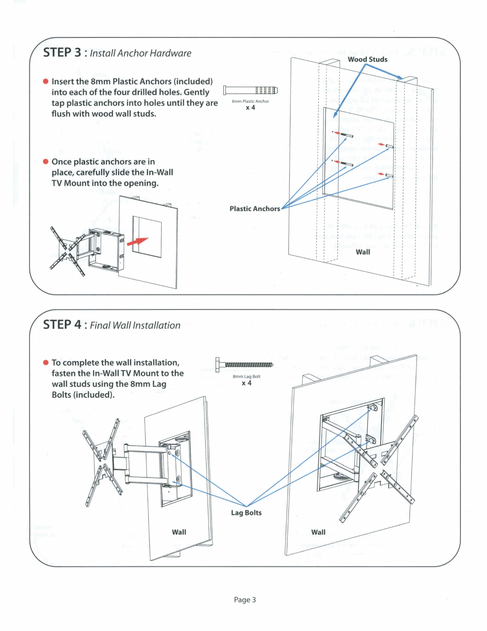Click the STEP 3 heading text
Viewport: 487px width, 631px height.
point(62,53)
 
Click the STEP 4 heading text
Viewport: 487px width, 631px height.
point(62,325)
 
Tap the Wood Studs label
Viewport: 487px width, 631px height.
point(367,59)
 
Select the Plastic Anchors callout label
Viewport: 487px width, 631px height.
point(255,209)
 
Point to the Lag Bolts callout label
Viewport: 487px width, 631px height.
point(246,513)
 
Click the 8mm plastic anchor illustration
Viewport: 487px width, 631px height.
point(250,90)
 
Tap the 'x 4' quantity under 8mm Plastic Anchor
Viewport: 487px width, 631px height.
point(250,108)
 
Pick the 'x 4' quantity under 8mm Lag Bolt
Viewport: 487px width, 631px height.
point(247,383)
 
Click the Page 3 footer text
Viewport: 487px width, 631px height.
point(245,600)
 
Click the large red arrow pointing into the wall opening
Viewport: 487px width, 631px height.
point(137,241)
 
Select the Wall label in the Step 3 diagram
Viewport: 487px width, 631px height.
point(363,252)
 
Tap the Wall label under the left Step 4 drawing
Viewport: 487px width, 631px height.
point(179,532)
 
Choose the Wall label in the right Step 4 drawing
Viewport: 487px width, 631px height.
point(318,532)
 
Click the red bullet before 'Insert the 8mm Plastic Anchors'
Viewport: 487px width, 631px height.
point(46,82)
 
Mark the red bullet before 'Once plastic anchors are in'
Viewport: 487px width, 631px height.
point(46,162)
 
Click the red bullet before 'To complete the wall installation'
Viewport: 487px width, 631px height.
point(46,363)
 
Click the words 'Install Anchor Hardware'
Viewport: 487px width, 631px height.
point(140,53)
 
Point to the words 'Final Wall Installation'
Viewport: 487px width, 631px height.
point(135,325)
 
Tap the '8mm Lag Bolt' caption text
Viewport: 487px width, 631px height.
point(246,376)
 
